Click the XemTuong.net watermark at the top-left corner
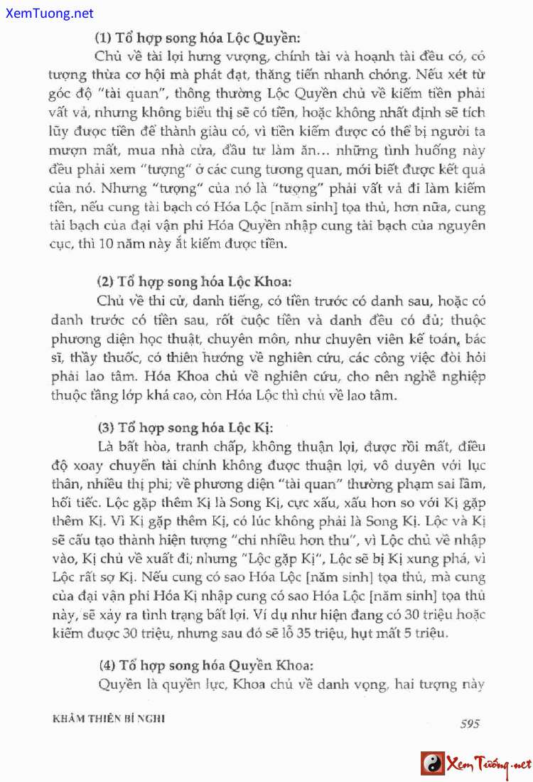(x=48, y=13)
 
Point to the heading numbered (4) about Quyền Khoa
(x=205, y=665)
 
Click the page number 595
(x=470, y=724)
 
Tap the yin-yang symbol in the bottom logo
(x=433, y=764)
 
